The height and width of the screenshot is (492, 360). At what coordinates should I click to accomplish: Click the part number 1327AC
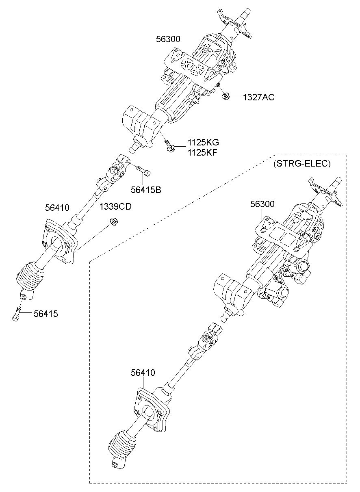click(x=258, y=97)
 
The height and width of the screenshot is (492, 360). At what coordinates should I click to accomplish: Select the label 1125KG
click(x=203, y=143)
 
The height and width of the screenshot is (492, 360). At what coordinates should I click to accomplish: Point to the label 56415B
click(x=145, y=189)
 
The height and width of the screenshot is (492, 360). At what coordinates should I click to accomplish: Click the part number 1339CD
click(x=115, y=207)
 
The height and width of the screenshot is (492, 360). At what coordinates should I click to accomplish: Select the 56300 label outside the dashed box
click(x=168, y=39)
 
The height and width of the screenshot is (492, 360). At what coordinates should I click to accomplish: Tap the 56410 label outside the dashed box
click(x=57, y=208)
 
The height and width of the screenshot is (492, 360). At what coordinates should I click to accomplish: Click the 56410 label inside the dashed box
click(x=143, y=372)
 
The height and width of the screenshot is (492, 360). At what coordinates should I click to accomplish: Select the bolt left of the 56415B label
click(x=143, y=171)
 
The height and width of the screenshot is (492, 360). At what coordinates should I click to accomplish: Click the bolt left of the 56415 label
click(x=17, y=314)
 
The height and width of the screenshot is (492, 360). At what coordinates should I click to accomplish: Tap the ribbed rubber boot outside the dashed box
click(x=29, y=280)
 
